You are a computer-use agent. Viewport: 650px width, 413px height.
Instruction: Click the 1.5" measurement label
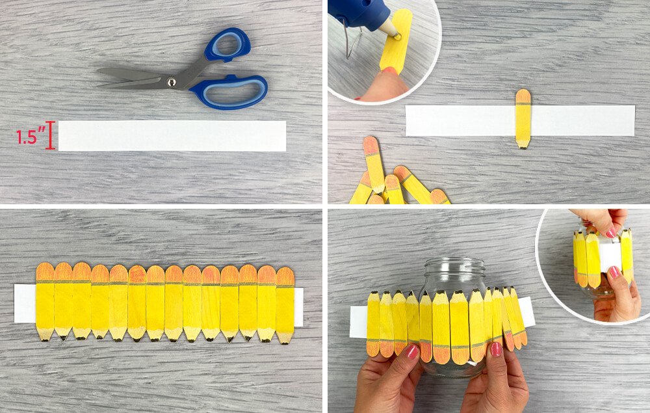(31, 137)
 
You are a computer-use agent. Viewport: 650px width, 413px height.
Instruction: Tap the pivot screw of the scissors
(171, 82)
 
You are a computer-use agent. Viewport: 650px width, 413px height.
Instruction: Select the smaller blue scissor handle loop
(228, 45)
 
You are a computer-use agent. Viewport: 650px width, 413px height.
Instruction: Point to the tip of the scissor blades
(98, 72)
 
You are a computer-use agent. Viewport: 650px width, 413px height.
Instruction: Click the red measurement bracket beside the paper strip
(51, 135)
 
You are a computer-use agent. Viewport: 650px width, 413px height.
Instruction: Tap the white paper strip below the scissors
(172, 135)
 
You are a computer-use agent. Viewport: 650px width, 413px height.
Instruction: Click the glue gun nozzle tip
(396, 36)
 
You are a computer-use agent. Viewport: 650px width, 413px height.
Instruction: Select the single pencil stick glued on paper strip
(523, 118)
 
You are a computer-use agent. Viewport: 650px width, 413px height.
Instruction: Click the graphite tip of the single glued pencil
(523, 146)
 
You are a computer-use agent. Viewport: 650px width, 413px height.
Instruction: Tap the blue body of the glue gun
(356, 13)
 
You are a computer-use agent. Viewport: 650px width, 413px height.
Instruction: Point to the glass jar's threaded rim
(455, 265)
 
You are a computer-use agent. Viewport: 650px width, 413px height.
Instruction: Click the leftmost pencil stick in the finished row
(45, 302)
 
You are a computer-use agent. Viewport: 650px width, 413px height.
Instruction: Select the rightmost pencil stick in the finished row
(285, 306)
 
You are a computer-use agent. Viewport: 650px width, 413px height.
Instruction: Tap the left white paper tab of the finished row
(25, 304)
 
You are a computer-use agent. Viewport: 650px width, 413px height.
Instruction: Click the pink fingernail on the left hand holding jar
(413, 352)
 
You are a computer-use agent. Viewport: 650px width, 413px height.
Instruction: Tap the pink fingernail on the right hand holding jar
(496, 349)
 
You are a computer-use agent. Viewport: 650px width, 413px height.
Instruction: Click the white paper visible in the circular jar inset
(610, 256)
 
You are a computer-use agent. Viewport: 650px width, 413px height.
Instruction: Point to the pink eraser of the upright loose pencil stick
(370, 145)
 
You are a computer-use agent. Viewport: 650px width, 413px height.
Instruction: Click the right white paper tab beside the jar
(526, 312)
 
